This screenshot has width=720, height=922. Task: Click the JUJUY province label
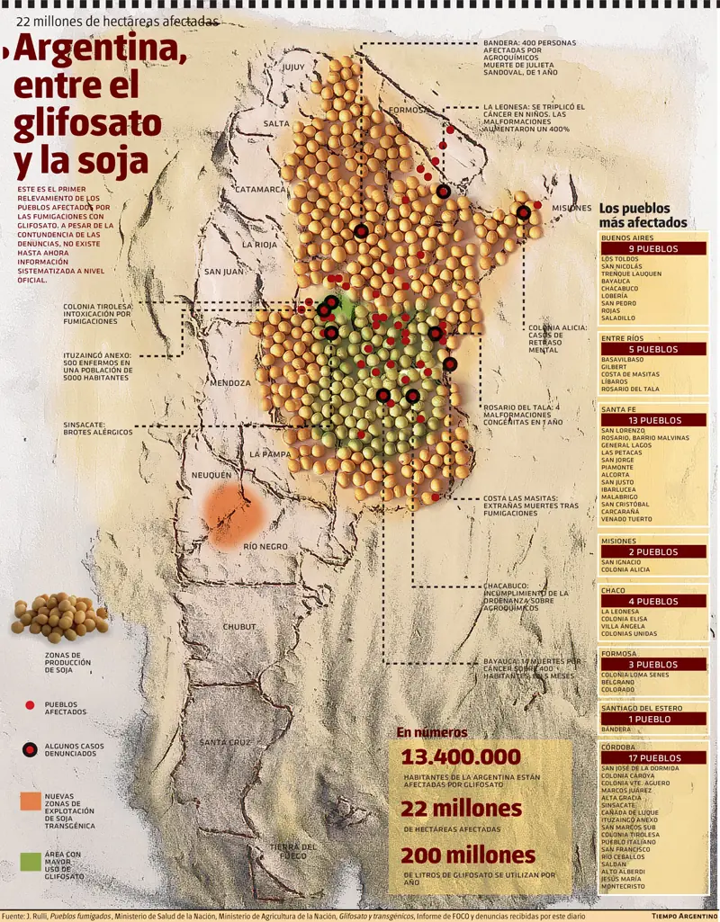[x=294, y=67]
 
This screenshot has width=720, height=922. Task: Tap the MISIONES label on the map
[x=571, y=207]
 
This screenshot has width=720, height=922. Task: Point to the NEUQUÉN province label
[x=211, y=474]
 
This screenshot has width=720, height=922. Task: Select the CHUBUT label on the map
[x=239, y=626]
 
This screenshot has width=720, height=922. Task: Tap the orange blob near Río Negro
[x=232, y=516]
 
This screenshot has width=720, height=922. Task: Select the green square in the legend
[x=31, y=861]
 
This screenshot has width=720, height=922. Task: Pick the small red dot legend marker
[x=30, y=706]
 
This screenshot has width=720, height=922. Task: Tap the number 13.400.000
[x=461, y=756]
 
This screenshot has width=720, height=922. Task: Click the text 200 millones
[x=467, y=855]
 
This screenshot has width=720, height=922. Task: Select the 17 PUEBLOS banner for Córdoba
[x=653, y=758]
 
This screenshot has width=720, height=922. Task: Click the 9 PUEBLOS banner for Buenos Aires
[x=653, y=249]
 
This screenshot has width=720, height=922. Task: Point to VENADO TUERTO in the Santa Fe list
[x=628, y=519]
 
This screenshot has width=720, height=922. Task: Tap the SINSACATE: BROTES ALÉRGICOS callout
[x=97, y=428]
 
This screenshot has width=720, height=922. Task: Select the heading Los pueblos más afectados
[x=643, y=215]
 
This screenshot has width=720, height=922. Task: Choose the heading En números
[x=432, y=732]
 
